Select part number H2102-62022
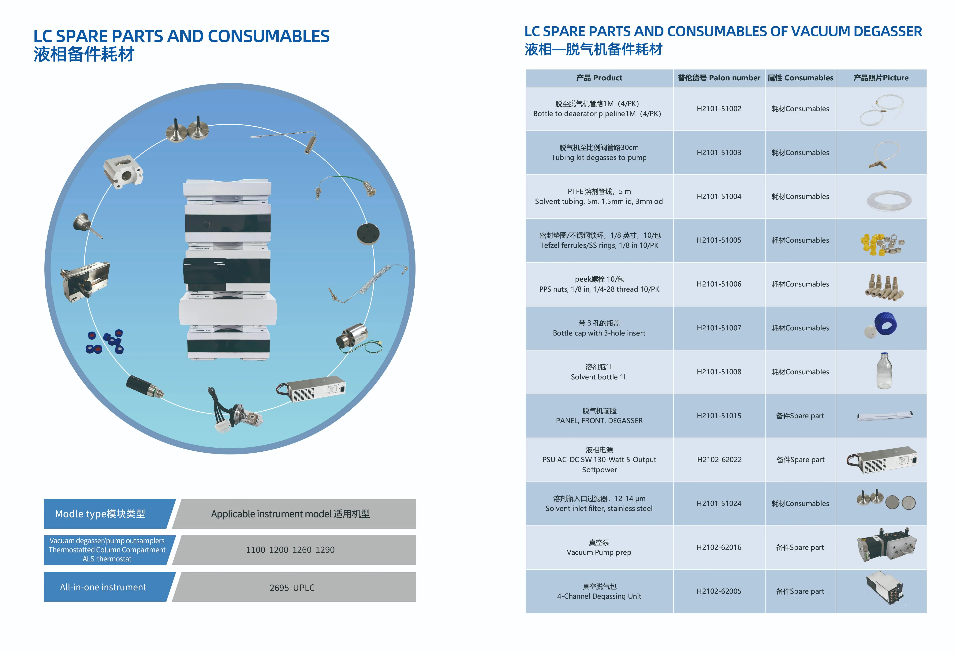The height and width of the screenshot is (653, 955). click(x=719, y=460)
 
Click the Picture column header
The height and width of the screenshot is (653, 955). click(x=881, y=78)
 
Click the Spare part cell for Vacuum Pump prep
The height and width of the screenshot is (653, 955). click(x=800, y=547)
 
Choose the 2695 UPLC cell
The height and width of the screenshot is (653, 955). click(x=294, y=587)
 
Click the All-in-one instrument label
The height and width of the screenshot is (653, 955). click(x=103, y=587)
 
